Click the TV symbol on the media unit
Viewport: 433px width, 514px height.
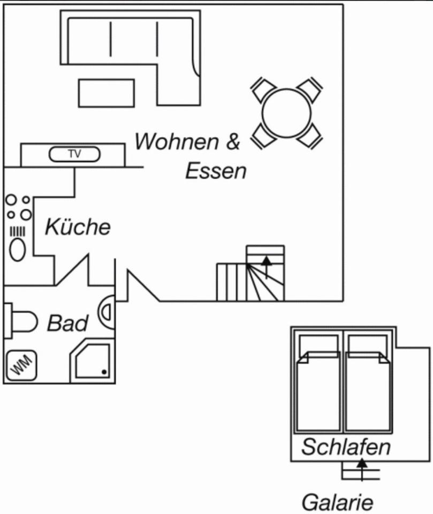(x=74, y=154)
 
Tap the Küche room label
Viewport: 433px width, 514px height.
(x=78, y=227)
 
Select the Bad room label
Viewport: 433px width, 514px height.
(x=68, y=323)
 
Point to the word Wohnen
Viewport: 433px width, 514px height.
(x=177, y=142)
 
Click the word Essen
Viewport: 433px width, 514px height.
(x=216, y=171)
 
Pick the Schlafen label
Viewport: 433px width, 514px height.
(x=346, y=447)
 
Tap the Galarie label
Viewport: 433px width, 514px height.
(x=337, y=503)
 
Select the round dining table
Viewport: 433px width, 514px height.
(x=286, y=113)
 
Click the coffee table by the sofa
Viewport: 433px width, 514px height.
(x=107, y=93)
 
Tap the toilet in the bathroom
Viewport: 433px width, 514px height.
(x=21, y=322)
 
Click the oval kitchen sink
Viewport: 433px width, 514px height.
(x=18, y=250)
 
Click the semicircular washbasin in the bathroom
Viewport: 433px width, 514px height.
(x=107, y=312)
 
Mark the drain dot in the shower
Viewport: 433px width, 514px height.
(x=104, y=372)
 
